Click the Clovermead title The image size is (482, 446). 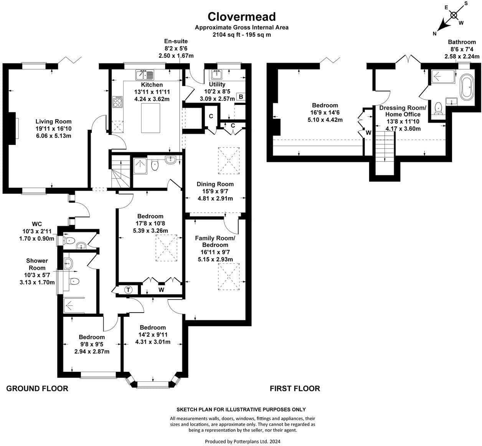tap(241, 17)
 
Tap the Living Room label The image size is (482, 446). tap(53, 121)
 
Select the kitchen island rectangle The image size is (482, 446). tap(150, 118)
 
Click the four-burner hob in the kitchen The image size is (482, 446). tap(118, 102)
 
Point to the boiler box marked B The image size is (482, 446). tap(241, 97)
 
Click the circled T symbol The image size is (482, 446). tap(129, 290)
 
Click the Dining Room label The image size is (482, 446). tap(215, 184)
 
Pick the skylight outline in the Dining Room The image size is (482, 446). tap(229, 161)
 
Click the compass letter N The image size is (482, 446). tap(434, 34)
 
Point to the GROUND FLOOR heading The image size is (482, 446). tap(37, 388)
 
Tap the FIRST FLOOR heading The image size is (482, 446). tap(295, 388)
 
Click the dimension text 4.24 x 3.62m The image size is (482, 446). tap(152, 99)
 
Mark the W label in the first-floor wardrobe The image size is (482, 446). tap(368, 133)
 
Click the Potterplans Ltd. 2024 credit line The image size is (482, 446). tap(243, 441)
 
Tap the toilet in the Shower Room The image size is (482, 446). tap(74, 281)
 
